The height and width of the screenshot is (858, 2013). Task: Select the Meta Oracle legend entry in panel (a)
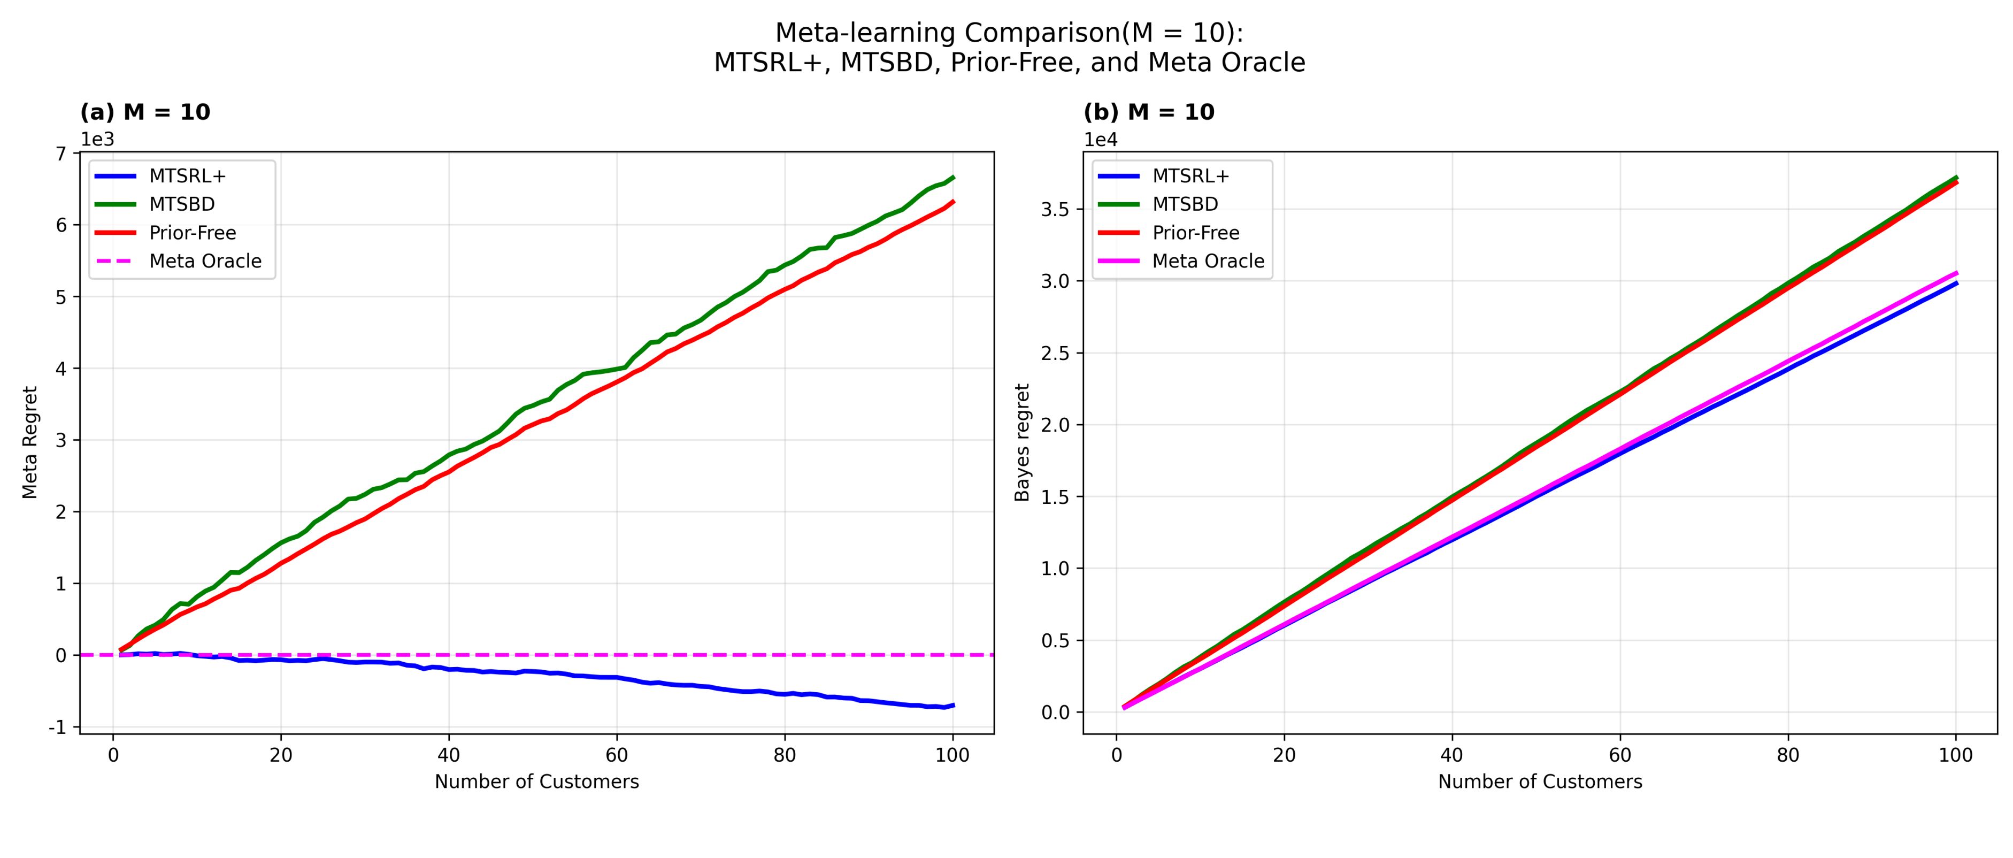(x=205, y=261)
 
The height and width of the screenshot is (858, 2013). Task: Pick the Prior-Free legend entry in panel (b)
(x=1196, y=233)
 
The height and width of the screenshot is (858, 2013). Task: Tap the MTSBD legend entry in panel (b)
(x=1185, y=204)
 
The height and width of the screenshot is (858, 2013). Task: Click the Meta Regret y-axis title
(x=30, y=442)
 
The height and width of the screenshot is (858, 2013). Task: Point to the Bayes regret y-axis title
(x=1022, y=442)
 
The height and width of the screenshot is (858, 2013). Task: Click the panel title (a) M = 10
(x=145, y=112)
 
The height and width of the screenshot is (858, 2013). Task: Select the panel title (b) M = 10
(x=1149, y=112)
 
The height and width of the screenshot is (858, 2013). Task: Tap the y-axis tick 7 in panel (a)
(x=60, y=153)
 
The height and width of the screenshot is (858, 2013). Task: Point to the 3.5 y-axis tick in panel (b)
(x=1056, y=210)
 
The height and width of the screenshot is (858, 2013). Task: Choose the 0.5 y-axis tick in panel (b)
(x=1056, y=641)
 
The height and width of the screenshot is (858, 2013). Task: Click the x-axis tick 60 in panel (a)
(x=617, y=756)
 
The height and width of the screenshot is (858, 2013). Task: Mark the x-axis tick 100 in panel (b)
(x=1956, y=756)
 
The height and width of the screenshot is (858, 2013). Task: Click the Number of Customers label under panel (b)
(x=1540, y=782)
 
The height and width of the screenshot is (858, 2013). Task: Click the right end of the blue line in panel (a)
(x=952, y=705)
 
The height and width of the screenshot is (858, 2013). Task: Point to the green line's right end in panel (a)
(x=952, y=178)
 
